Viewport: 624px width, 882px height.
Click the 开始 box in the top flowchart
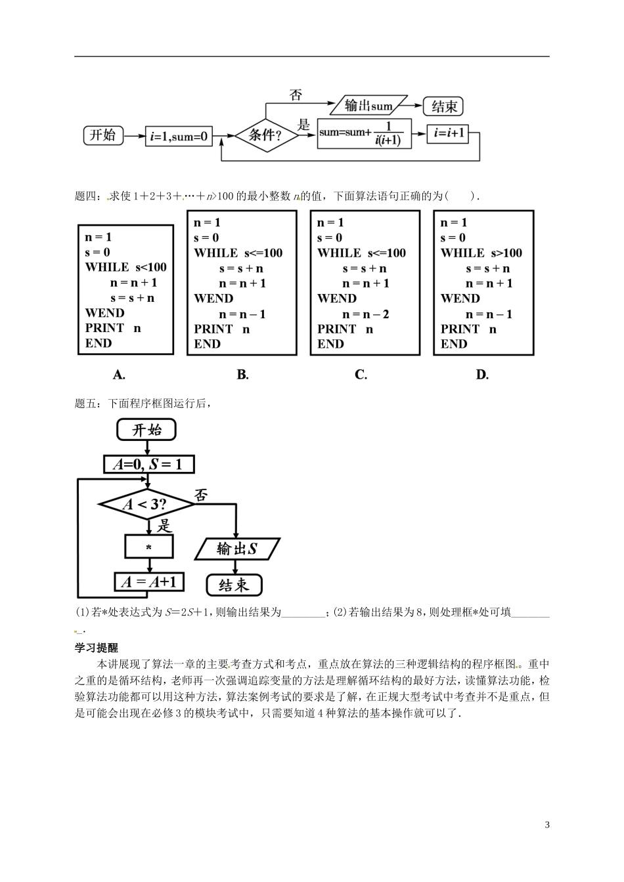tap(103, 135)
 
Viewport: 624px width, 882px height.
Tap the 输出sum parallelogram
tap(368, 106)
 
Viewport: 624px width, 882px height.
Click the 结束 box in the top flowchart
tap(443, 106)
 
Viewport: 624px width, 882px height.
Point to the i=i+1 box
tap(447, 135)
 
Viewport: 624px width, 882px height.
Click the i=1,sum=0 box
tap(179, 136)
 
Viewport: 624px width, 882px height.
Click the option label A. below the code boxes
tap(119, 375)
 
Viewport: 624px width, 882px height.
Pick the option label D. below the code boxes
tap(482, 375)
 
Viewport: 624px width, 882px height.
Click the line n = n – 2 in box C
tap(366, 314)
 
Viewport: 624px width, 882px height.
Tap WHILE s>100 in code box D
tap(481, 253)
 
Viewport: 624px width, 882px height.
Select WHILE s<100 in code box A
tap(125, 267)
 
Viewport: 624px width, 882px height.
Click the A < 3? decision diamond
tap(146, 505)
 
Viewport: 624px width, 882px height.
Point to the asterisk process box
tap(149, 547)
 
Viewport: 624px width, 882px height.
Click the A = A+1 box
tap(149, 582)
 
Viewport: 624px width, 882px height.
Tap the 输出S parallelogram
tap(237, 549)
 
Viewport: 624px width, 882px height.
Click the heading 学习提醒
tap(97, 647)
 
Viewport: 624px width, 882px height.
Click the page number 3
tap(546, 825)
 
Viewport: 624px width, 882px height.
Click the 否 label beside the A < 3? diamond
tap(201, 495)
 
